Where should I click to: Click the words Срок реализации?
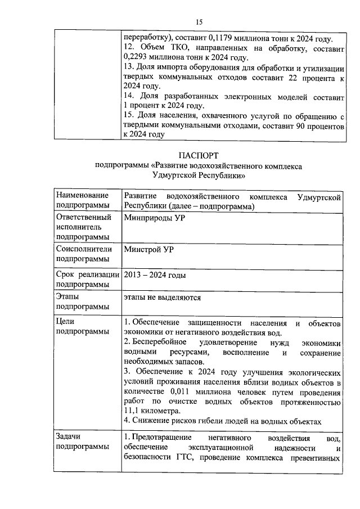click(88, 276)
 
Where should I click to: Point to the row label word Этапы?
click(67, 296)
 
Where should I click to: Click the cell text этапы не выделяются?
click(162, 297)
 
